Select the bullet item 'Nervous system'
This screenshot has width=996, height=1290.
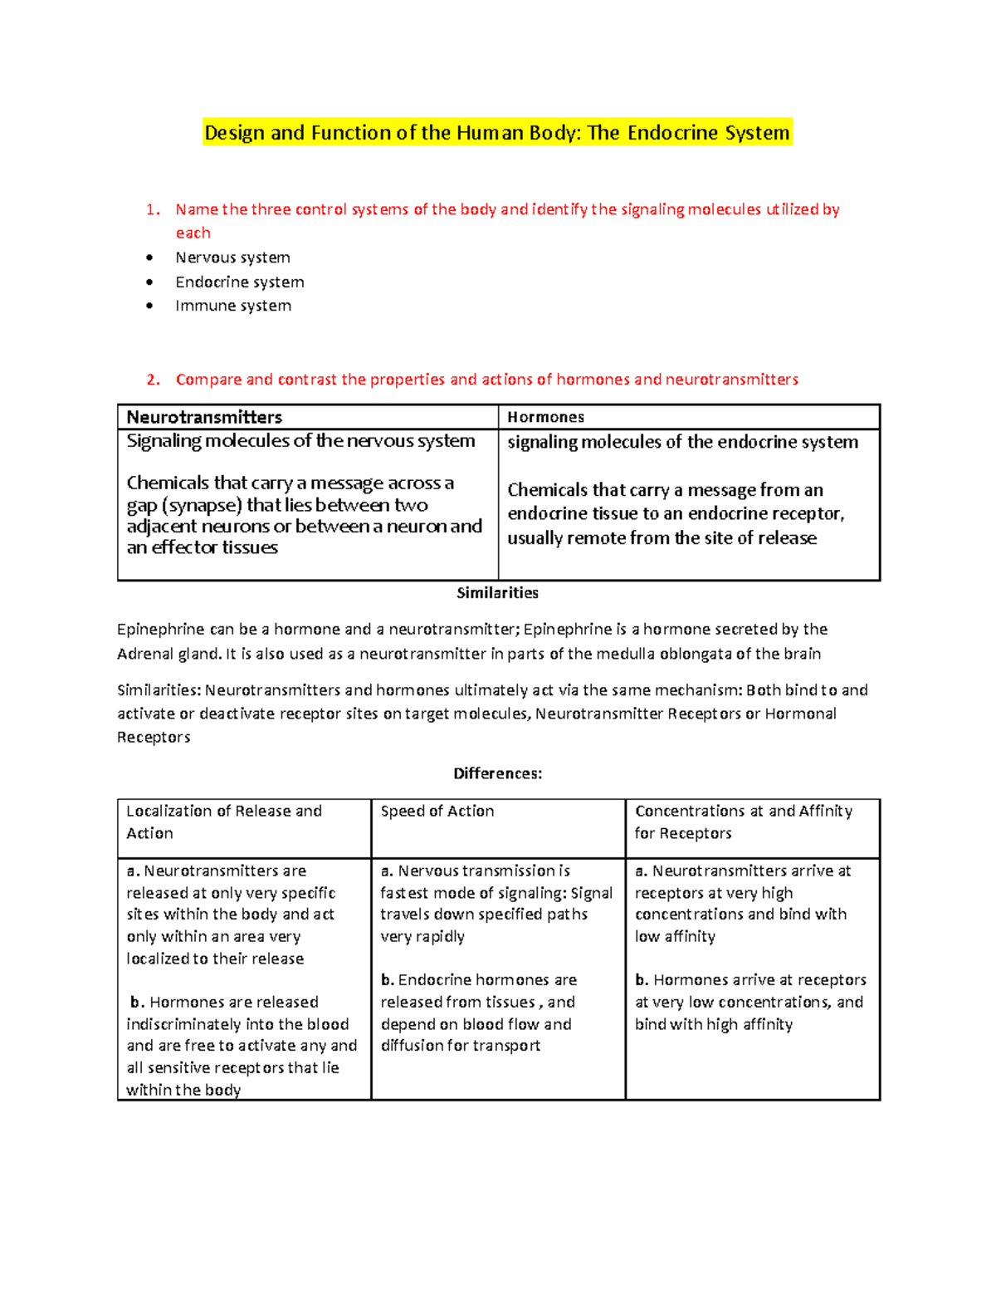(232, 258)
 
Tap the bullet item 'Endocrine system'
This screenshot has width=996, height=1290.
(239, 282)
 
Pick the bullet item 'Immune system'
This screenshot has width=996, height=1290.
(233, 306)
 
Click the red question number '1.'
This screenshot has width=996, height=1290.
(153, 209)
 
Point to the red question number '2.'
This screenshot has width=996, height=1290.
(153, 380)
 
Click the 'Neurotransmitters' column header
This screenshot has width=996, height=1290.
(204, 417)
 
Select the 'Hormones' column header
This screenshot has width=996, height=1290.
(545, 417)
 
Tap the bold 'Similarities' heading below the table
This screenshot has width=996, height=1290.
(497, 592)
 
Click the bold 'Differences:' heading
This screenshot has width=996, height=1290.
(497, 773)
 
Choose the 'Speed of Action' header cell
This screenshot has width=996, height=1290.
(437, 811)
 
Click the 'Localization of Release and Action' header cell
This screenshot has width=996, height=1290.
(224, 822)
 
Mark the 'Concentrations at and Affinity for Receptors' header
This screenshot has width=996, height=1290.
(743, 822)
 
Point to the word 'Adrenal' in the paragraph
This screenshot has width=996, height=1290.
(144, 654)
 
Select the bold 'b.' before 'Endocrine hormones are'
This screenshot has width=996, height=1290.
(387, 980)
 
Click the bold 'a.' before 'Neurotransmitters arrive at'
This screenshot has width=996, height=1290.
(641, 871)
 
